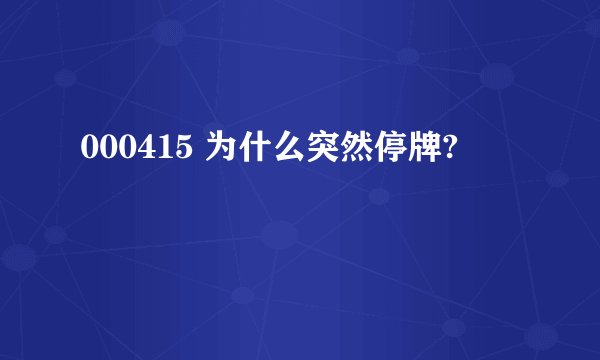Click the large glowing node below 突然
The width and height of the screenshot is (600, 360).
[x=281, y=237]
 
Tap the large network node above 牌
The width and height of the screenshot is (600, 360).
[x=497, y=73]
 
